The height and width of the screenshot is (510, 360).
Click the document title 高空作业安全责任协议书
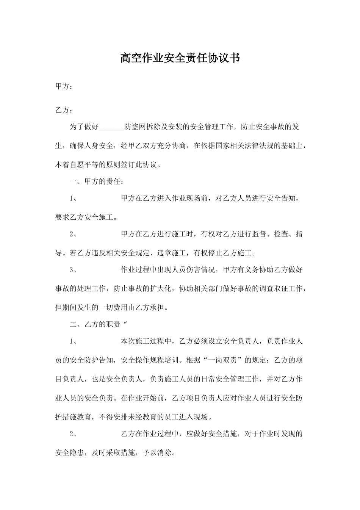(x=180, y=58)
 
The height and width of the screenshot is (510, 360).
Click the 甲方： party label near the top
(x=64, y=87)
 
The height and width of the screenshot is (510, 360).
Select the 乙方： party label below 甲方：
(x=64, y=110)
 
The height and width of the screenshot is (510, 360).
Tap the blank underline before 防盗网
(x=111, y=127)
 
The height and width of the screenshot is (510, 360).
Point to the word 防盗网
(x=135, y=127)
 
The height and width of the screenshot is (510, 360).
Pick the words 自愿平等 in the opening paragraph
(x=85, y=165)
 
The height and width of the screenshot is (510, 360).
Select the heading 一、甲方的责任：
(x=97, y=181)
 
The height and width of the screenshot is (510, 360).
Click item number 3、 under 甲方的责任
(x=74, y=270)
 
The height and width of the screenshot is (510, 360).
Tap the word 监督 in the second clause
(x=260, y=234)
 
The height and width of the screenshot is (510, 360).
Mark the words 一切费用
(x=113, y=307)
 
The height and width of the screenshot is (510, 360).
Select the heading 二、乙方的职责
(x=95, y=324)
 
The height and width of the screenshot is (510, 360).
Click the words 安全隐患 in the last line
(x=70, y=452)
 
